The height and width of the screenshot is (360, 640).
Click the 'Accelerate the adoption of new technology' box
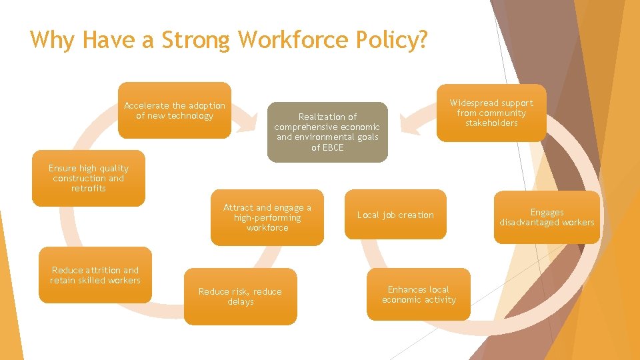175,110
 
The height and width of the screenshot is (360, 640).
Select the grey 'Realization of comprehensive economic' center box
327,132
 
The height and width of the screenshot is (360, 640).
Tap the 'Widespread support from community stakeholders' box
491,113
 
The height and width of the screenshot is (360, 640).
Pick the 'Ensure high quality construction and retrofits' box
89,178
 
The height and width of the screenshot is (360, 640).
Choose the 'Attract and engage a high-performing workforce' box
267,217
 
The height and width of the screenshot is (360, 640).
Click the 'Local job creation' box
395,215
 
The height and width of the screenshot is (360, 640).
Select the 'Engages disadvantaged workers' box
547,217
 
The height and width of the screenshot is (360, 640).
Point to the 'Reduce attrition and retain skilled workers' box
95,275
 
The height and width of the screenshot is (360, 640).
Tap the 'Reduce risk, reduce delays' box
240,297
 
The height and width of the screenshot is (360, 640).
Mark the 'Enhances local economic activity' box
419,295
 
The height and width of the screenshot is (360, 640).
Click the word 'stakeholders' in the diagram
491,123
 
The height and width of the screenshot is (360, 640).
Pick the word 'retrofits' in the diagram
89,189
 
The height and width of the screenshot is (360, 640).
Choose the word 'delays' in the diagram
240,302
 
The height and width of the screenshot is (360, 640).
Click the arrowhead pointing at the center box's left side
249,124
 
